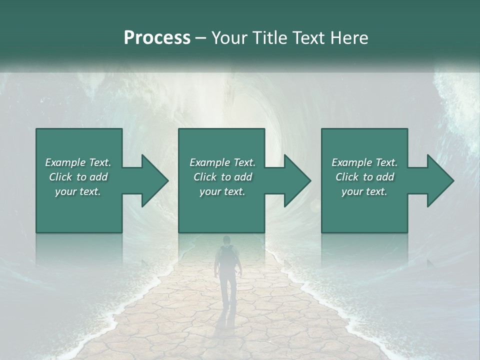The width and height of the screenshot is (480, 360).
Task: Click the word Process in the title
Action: [x=157, y=38]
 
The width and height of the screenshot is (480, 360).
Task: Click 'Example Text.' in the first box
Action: [x=78, y=162]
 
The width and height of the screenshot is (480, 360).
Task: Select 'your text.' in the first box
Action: [x=78, y=191]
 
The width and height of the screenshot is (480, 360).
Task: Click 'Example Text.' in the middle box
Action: [x=222, y=162]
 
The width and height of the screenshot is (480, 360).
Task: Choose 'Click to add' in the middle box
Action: [x=222, y=177]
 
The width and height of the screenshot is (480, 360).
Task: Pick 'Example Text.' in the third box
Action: [x=364, y=162]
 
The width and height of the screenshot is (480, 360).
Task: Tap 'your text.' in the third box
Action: [x=364, y=191]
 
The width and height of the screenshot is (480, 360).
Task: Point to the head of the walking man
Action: [x=227, y=240]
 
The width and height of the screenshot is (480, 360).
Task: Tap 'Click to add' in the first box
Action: [x=78, y=177]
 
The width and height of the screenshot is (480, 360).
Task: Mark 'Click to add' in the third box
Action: [x=364, y=177]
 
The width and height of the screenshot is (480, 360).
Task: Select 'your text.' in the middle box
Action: [x=222, y=191]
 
